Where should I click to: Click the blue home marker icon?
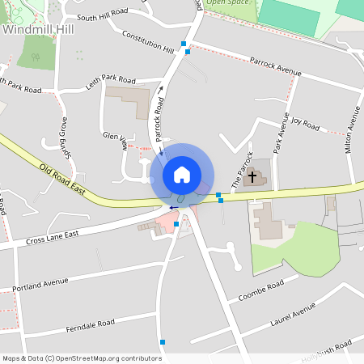click(182, 175)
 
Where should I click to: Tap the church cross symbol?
click(252, 176)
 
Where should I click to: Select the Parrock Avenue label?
click(275, 66)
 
